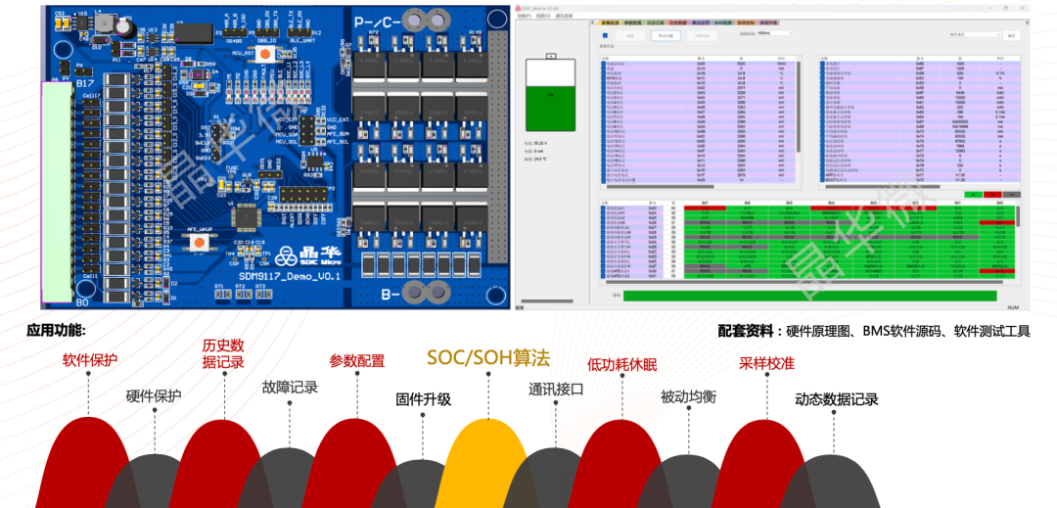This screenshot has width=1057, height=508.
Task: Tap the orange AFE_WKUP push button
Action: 200,241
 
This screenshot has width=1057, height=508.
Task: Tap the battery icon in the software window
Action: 550,94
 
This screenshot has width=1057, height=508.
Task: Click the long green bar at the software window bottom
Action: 809,296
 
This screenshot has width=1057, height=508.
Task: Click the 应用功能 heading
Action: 56,331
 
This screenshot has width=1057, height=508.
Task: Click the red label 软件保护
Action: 90,359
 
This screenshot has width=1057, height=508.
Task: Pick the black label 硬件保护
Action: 154,396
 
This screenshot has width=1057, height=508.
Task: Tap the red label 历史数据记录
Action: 223,353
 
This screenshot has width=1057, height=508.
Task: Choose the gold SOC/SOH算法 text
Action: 487,357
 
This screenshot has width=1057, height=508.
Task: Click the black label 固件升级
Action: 423,398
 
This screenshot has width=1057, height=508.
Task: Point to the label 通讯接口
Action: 556,389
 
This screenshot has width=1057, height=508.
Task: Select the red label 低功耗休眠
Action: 621,365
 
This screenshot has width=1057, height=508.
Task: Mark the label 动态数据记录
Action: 836,399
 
